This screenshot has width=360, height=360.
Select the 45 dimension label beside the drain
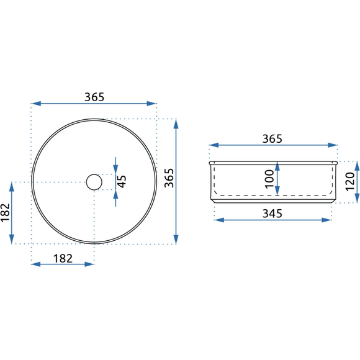point(122,182)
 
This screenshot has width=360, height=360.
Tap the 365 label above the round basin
point(94,97)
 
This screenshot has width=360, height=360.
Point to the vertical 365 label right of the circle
point(169,178)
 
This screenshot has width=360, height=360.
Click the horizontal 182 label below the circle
point(63,259)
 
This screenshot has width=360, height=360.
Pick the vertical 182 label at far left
point(6,213)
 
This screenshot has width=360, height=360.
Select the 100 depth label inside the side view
point(269,179)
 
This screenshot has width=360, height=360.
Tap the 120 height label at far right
point(350,181)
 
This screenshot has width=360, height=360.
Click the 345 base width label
point(272,214)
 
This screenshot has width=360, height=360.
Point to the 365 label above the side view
point(272,139)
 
